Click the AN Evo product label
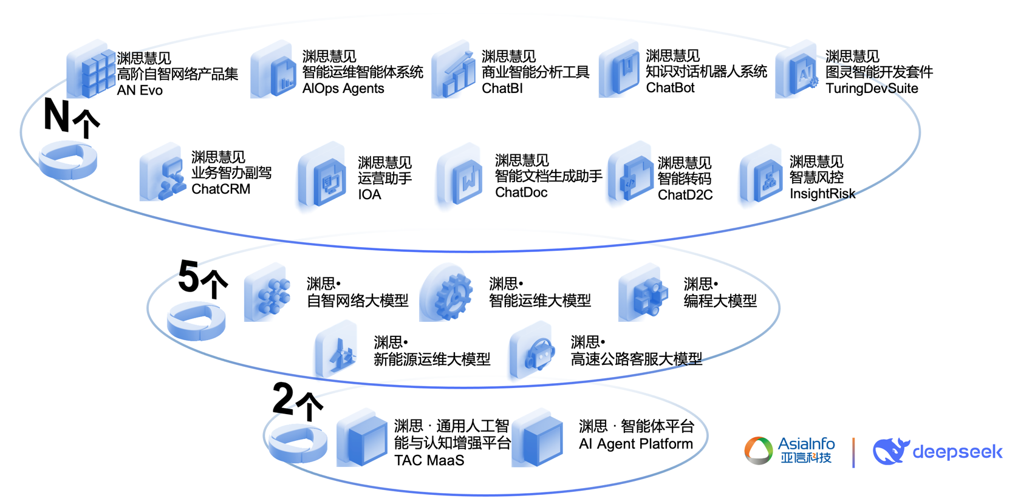pyautogui.click(x=140, y=90)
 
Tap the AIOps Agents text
pyautogui.click(x=343, y=89)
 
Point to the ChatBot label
pyautogui.click(x=670, y=88)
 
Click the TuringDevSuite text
pyautogui.click(x=872, y=89)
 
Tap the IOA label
pyautogui.click(x=369, y=195)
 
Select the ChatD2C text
pyautogui.click(x=685, y=195)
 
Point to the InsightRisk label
pyautogui.click(x=822, y=194)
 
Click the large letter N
pyautogui.click(x=57, y=115)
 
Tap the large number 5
pyautogui.click(x=189, y=277)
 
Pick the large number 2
pyautogui.click(x=284, y=398)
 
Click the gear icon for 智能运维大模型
pyautogui.click(x=450, y=294)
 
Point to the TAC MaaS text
pyautogui.click(x=429, y=460)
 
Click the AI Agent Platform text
pyautogui.click(x=635, y=444)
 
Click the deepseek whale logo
pyautogui.click(x=890, y=451)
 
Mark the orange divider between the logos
pyautogui.click(x=853, y=452)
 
